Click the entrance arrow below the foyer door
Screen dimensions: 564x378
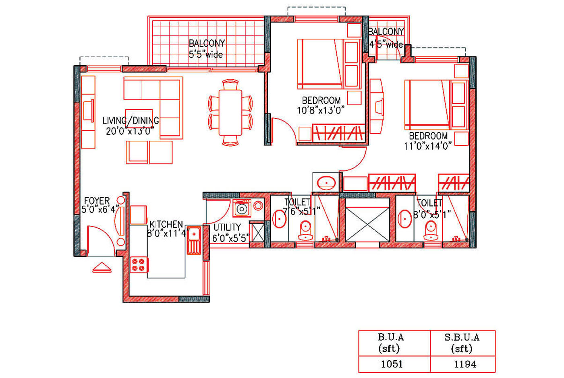[x=102, y=268]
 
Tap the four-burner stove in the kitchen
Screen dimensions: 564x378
[x=139, y=265]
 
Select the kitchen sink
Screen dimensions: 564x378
[x=194, y=240]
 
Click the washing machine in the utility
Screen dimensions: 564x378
[x=242, y=208]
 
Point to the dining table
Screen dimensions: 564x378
[x=230, y=112]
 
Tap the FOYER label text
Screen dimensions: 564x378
[x=97, y=201]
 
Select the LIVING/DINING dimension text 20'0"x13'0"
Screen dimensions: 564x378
[x=130, y=131]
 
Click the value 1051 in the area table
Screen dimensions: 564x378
[x=392, y=364]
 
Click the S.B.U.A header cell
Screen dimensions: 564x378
[x=462, y=343]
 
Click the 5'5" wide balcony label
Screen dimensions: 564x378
[x=206, y=55]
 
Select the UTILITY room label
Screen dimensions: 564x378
[x=227, y=227]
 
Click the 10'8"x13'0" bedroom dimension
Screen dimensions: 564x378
[x=321, y=110]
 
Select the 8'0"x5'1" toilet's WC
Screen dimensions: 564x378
[x=431, y=231]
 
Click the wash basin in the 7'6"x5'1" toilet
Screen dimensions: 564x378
[x=279, y=219]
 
